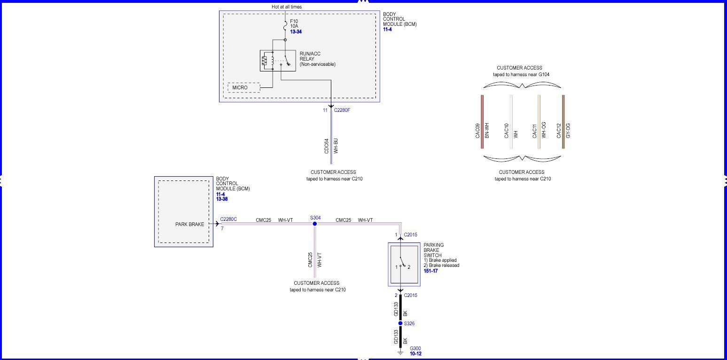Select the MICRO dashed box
pyautogui.click(x=243, y=88)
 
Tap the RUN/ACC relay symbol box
pyautogui.click(x=278, y=61)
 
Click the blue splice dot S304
pyautogui.click(x=315, y=224)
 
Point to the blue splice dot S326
pyautogui.click(x=400, y=323)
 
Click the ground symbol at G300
pyautogui.click(x=400, y=352)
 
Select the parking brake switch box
pyautogui.click(x=404, y=265)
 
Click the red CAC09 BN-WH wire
pyautogui.click(x=482, y=122)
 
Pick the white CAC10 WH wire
pyautogui.click(x=511, y=122)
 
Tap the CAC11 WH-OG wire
pyautogui.click(x=539, y=122)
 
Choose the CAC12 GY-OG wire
pyautogui.click(x=563, y=122)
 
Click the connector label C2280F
pyautogui.click(x=342, y=110)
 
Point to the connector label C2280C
pyautogui.click(x=228, y=219)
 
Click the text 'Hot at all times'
pyautogui.click(x=287, y=7)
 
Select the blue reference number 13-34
pyautogui.click(x=296, y=32)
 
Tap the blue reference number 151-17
pyautogui.click(x=430, y=271)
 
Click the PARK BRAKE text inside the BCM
pyautogui.click(x=190, y=224)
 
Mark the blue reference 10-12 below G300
pyautogui.click(x=415, y=353)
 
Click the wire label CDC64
pyautogui.click(x=327, y=146)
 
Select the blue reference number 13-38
pyautogui.click(x=222, y=199)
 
